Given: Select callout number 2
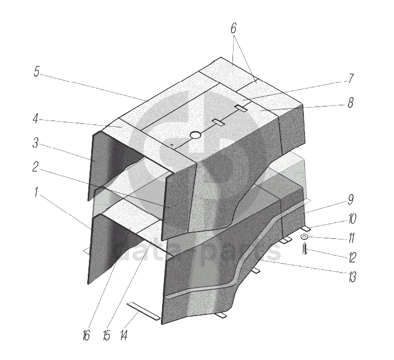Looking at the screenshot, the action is click(35, 167).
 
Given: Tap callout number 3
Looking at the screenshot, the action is click(35, 143).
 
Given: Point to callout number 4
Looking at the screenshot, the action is click(35, 118).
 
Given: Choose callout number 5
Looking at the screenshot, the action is click(37, 72).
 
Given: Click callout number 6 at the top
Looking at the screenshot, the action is click(234, 28).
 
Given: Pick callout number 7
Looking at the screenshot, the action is click(351, 78).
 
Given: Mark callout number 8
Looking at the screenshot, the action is click(351, 103).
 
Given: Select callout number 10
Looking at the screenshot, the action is click(352, 219).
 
